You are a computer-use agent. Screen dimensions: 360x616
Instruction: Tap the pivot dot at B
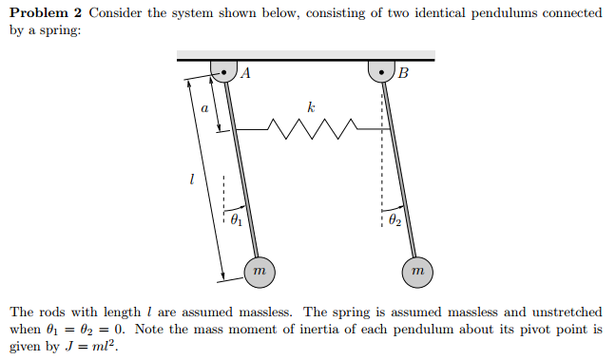[x=381, y=70]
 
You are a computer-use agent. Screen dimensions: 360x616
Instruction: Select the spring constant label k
[x=311, y=107]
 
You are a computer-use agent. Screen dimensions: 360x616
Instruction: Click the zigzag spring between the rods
[x=311, y=125]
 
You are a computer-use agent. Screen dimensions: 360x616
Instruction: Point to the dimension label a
[x=203, y=108]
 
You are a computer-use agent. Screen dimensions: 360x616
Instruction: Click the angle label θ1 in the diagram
[x=237, y=221]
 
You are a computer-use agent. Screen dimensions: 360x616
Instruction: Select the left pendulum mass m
[x=259, y=271]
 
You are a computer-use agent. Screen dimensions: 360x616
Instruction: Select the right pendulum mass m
[x=416, y=271]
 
